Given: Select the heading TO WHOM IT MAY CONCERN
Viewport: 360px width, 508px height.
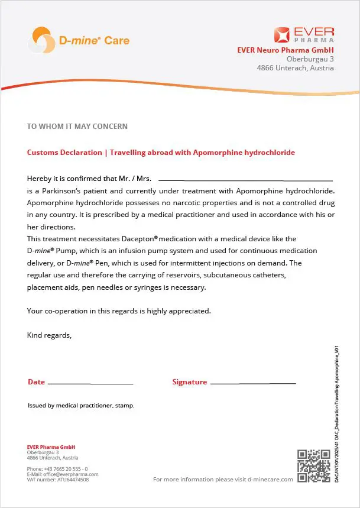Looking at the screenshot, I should pos(77,127).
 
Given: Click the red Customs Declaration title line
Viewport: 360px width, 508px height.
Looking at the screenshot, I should pos(161,153).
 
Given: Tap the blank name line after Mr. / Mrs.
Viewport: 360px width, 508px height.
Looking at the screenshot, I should pos(245,179).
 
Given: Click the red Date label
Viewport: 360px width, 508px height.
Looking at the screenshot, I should pos(36,382).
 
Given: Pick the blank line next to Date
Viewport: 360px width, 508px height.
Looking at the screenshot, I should pos(90,383).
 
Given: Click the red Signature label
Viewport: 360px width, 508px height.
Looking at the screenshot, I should pos(189,382).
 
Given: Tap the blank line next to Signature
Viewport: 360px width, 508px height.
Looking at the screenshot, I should pos(253,383).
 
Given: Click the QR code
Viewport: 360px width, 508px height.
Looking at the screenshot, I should pos(313,465).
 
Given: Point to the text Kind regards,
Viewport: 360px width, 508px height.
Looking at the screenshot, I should pos(49,335).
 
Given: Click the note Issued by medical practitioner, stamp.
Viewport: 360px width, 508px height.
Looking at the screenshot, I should pos(81,406).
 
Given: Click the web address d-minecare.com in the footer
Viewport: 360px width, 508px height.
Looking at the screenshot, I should pos(270,479).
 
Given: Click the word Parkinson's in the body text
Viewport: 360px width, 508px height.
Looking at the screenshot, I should pos(87,191).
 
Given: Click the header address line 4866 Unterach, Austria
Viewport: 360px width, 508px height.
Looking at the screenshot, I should pos(295,68).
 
